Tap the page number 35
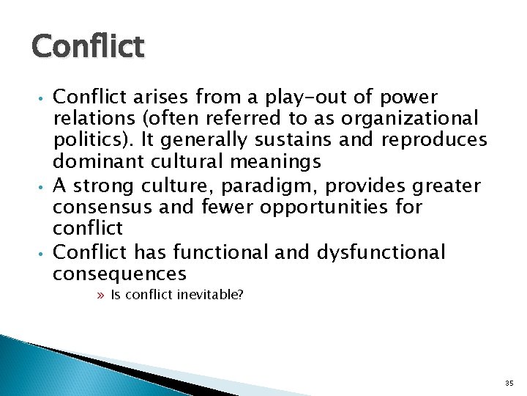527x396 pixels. coord(509,383)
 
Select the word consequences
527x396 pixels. coord(119,274)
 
